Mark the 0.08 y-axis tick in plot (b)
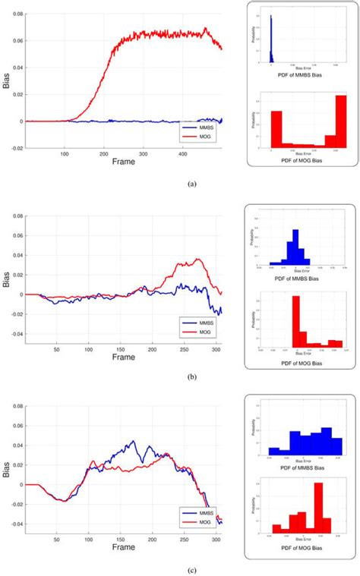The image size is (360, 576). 14,216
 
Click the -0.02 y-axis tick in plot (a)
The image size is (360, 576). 14,149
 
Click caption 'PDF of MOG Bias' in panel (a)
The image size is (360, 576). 303,156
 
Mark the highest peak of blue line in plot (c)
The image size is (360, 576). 133,442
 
